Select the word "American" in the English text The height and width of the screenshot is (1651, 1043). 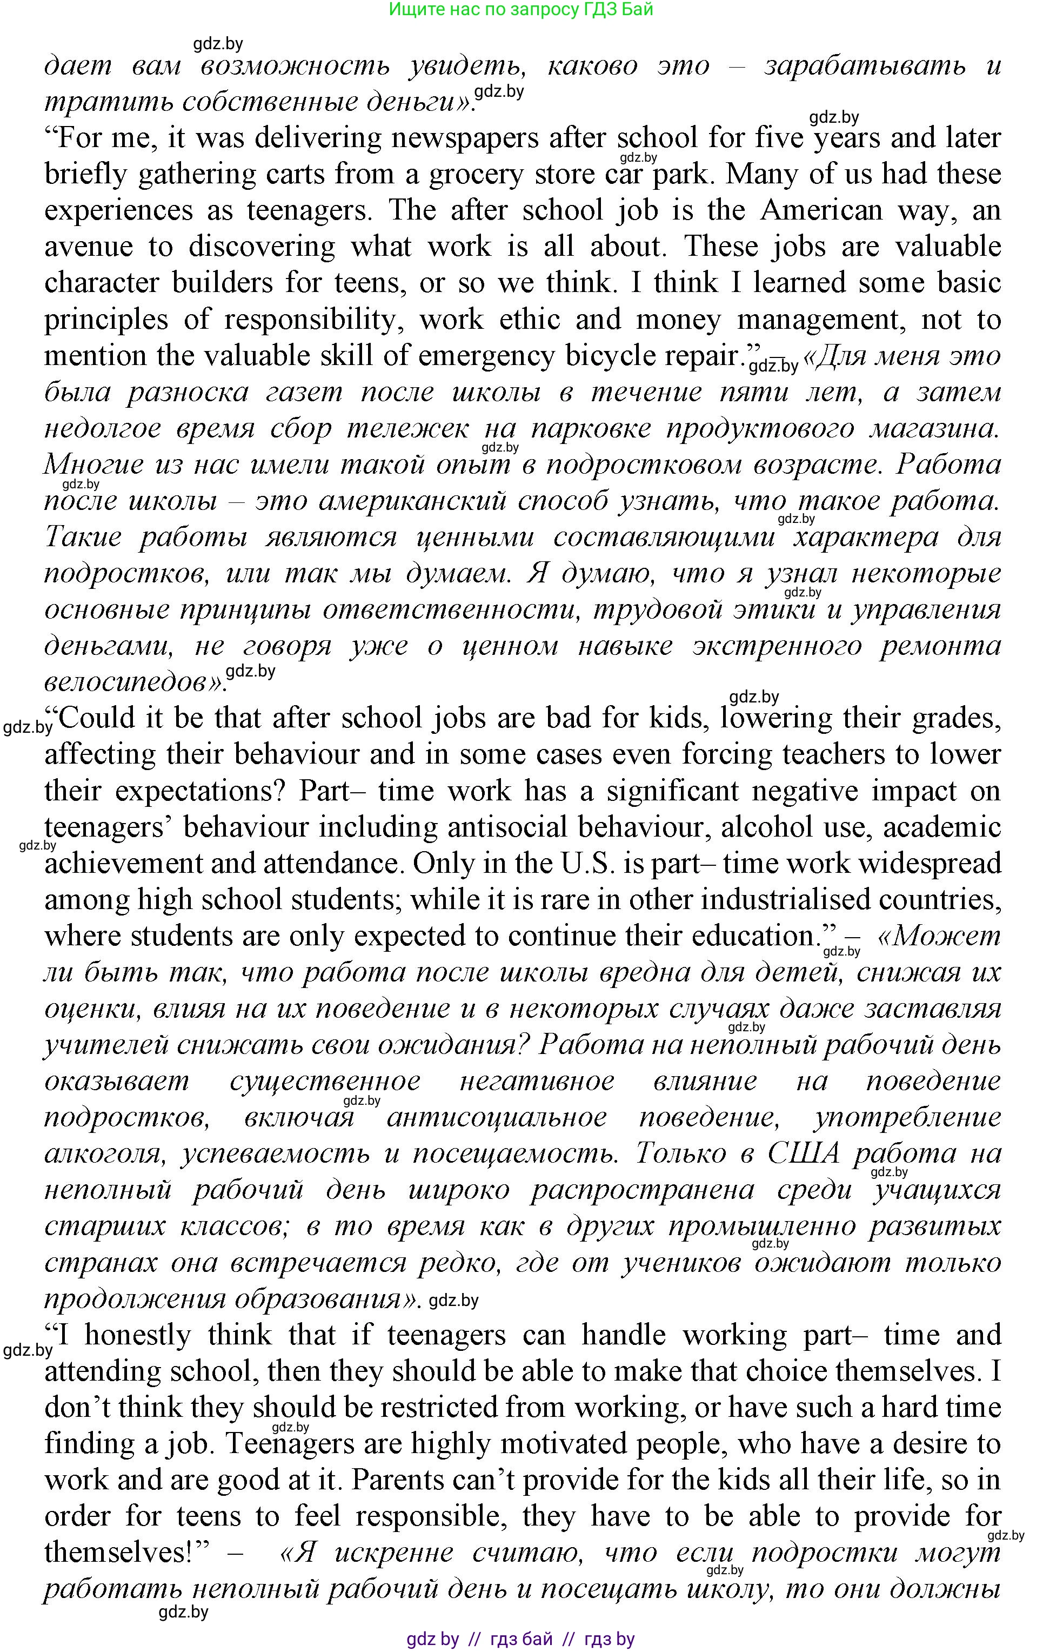point(821,210)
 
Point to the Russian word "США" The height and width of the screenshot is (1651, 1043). point(803,1154)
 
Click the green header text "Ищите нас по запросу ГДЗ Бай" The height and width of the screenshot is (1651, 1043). point(521,10)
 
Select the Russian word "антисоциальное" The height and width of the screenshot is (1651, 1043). point(496,1118)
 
